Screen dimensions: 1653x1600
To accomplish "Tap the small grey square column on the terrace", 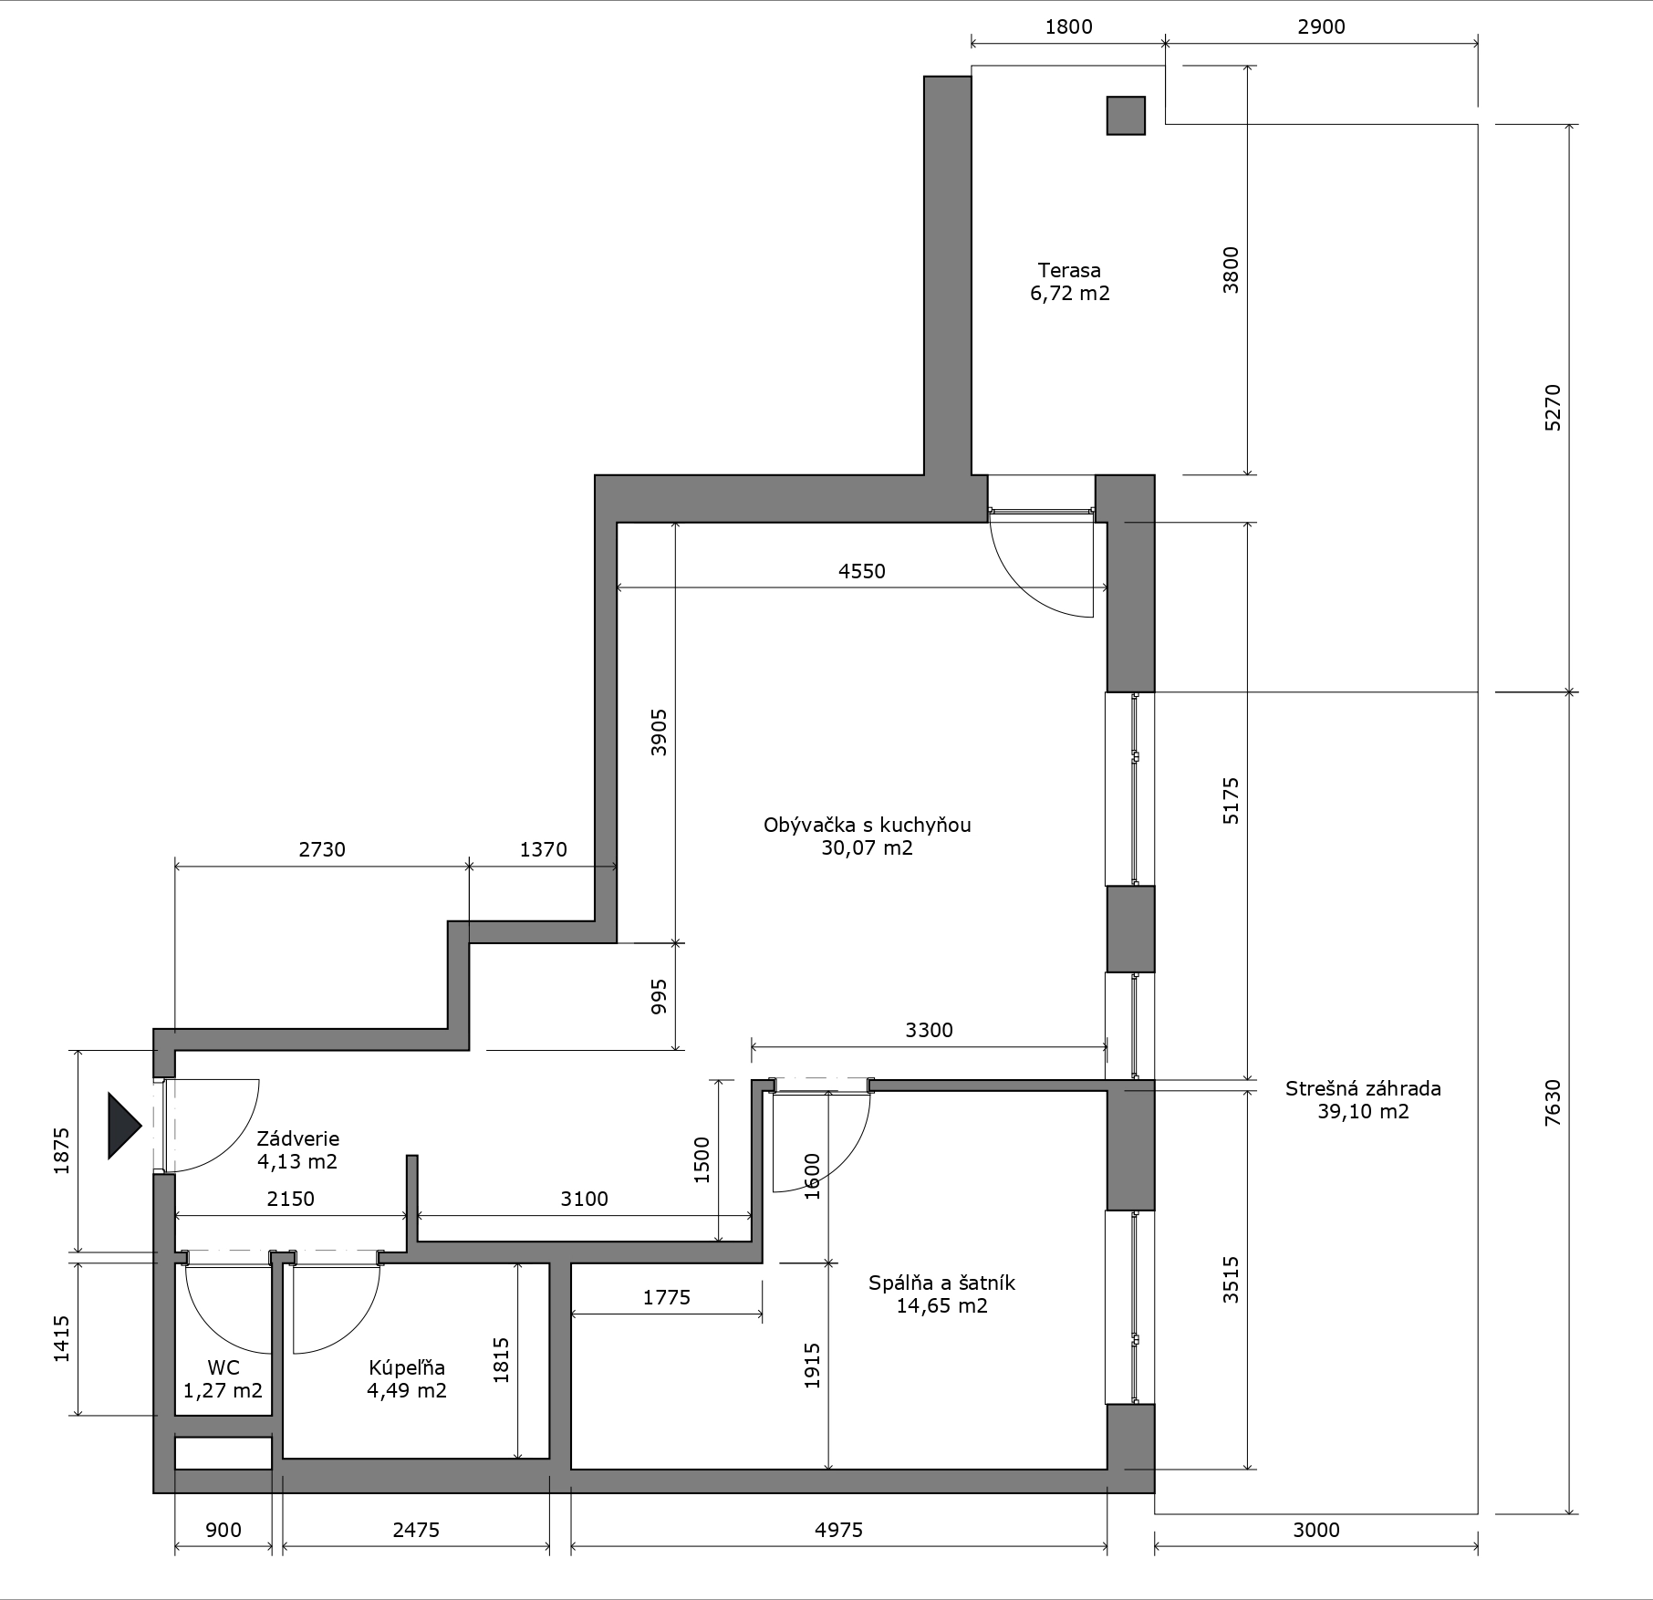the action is [x=1126, y=116].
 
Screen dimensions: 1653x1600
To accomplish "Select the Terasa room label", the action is [x=1069, y=270].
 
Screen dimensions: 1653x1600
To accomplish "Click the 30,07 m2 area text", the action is [x=867, y=848].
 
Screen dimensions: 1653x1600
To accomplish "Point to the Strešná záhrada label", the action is [x=1363, y=1088].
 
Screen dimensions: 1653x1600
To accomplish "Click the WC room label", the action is [x=224, y=1367].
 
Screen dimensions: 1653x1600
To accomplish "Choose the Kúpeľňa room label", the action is [x=407, y=1367].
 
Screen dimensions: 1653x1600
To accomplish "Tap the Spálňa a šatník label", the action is [x=941, y=1283].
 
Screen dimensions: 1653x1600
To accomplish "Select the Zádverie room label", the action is [x=297, y=1138].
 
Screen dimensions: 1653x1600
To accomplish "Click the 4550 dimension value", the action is [x=862, y=571].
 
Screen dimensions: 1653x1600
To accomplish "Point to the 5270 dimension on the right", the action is [x=1553, y=408].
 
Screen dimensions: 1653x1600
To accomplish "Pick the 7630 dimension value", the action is [x=1553, y=1102].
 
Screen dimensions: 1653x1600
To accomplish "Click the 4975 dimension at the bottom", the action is [x=838, y=1530].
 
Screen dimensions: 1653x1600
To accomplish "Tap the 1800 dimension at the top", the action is [x=1068, y=27].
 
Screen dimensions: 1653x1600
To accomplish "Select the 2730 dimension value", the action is [x=322, y=849].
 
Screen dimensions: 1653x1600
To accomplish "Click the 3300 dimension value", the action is [x=929, y=1030].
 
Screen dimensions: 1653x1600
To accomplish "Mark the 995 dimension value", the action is [x=660, y=997].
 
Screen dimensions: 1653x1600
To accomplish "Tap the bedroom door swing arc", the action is [x=847, y=1159].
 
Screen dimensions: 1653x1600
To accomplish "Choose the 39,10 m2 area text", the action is [x=1363, y=1112].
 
